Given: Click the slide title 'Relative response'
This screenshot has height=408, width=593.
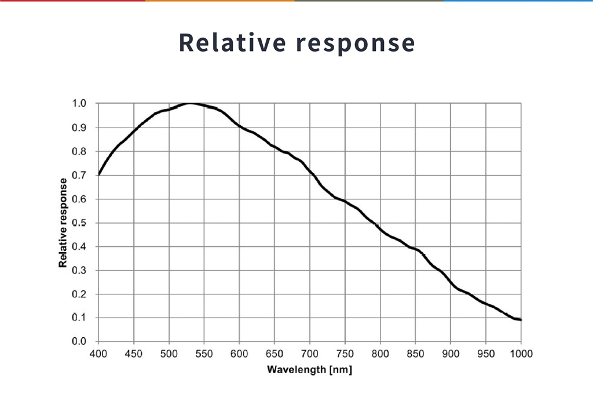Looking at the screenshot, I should pos(296,43).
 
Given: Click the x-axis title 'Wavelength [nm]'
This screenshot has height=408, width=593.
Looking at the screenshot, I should pos(309,369).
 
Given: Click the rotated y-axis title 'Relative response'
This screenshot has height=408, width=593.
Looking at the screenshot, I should pos(63,223).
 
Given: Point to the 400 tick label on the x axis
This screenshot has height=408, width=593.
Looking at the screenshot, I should pos(98,354).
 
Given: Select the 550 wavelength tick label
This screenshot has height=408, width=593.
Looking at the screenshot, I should pos(204,354).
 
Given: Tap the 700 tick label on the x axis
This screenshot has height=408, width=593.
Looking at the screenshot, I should pos(310,354).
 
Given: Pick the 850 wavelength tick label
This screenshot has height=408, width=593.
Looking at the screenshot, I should pos(415,354).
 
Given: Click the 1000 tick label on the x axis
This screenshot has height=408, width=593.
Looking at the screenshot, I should pos(521,354).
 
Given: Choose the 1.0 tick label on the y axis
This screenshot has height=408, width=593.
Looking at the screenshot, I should pos(79,104).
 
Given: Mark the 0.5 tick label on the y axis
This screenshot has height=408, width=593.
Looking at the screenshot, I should pos(79,223).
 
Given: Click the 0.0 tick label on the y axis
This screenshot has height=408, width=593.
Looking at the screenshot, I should pos(79,341).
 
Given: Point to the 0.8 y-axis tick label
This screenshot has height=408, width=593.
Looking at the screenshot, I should pos(79,151).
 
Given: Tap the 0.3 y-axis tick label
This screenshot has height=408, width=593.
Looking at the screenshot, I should pos(79,270).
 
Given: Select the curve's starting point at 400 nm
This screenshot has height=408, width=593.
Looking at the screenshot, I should pos(99,174).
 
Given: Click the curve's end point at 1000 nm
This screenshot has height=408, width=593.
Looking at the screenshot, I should pos(521,319).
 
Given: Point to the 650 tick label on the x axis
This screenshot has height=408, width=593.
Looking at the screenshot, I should pos(274,354).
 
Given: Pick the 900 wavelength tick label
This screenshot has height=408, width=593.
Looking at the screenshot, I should pos(451,354).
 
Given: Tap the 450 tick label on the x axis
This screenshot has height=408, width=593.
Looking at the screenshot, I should pos(134,354).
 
